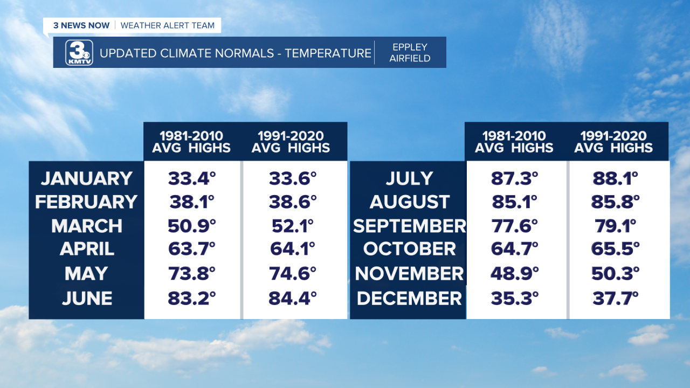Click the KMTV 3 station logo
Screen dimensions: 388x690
[79, 53]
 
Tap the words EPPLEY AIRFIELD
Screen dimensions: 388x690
[410, 53]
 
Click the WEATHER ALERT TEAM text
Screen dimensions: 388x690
[167, 25]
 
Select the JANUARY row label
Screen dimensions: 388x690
[87, 178]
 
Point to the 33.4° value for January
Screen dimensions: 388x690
[191, 178]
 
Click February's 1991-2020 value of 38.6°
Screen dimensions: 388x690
[293, 202]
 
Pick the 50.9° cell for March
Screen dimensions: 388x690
[191, 226]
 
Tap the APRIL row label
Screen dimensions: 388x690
[87, 249]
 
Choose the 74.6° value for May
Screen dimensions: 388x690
[293, 274]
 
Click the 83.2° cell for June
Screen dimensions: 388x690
[191, 298]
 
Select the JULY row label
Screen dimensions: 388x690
[409, 178]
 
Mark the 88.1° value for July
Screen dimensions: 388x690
[615, 178]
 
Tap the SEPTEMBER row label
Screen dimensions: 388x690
[409, 226]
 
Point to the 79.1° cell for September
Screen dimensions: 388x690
[615, 226]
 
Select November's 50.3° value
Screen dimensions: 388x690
[615, 274]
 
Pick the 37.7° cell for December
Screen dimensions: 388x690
[615, 298]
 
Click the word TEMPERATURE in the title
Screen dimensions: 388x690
[328, 53]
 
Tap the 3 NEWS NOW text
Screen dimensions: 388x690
[81, 25]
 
